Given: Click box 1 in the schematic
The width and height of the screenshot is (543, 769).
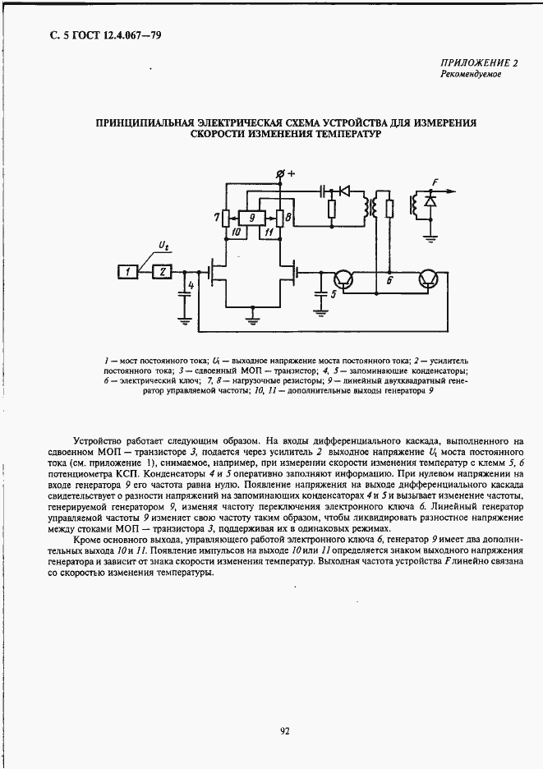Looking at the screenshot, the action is (128, 271).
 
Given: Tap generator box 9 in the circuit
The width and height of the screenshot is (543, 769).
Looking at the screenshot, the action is (254, 219).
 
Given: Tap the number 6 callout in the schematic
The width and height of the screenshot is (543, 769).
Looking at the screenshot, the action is (389, 280).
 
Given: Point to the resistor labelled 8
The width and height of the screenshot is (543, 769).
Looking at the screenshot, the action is (280, 218).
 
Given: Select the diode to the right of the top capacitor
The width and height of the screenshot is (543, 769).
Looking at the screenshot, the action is (345, 191).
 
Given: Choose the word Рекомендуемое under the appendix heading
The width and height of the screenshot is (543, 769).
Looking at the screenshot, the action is (470, 75).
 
